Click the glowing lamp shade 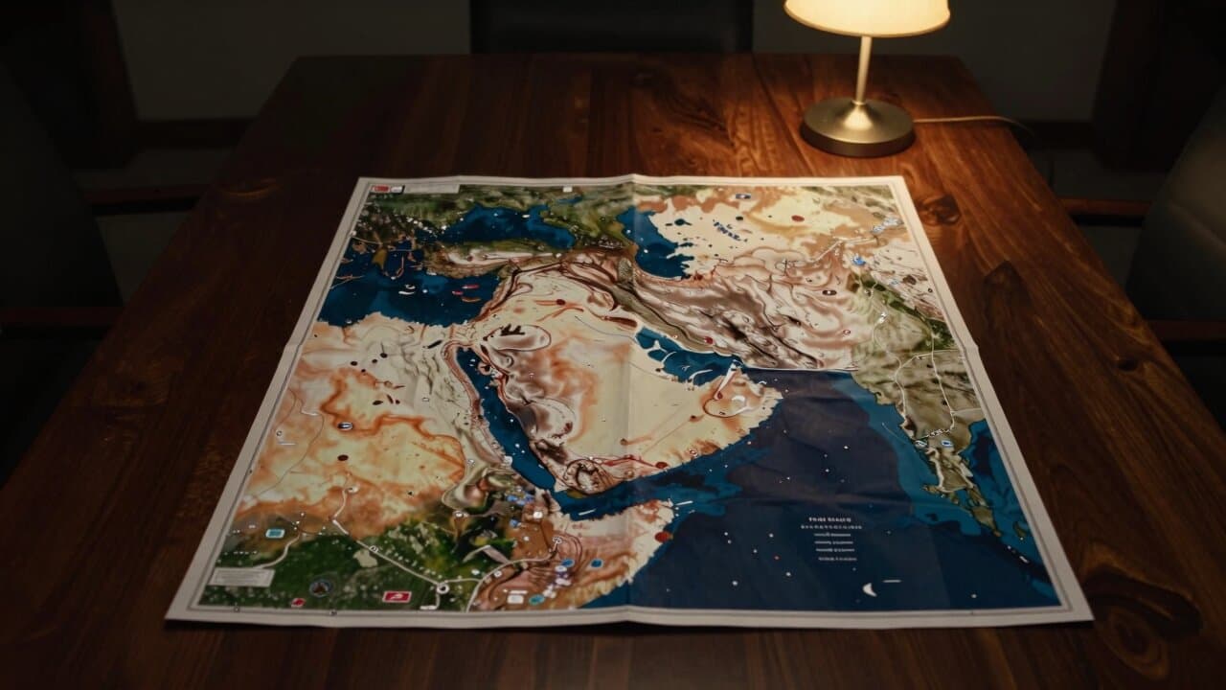(867, 16)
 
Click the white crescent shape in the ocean (869, 589)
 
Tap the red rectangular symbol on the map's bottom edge (396, 596)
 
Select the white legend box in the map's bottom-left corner (242, 577)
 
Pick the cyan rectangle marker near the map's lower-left (275, 532)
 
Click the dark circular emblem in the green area (319, 588)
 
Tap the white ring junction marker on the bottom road (443, 586)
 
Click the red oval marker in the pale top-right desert (797, 218)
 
